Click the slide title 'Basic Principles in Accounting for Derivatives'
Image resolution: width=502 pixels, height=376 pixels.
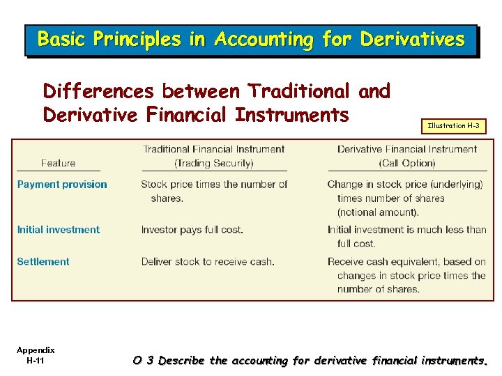[x=250, y=40]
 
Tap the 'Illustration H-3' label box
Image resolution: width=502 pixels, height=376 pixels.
[x=452, y=126]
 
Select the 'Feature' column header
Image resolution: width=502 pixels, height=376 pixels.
[x=59, y=163]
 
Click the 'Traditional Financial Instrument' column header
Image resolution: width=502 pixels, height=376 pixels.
[x=214, y=149]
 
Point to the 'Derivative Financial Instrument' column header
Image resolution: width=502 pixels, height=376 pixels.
[x=407, y=149]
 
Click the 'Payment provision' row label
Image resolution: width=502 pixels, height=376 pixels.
[x=62, y=185]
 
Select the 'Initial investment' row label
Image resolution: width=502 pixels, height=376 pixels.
[x=59, y=230]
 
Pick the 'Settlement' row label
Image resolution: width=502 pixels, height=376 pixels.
[x=43, y=262]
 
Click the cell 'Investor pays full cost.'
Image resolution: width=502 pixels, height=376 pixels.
[x=191, y=230]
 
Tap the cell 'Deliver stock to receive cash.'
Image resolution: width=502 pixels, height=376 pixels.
[x=208, y=262]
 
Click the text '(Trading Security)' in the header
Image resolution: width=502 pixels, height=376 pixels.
[x=214, y=163]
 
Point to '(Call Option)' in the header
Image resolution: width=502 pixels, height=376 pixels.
[x=407, y=163]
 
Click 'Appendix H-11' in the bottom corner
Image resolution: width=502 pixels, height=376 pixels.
[x=36, y=355]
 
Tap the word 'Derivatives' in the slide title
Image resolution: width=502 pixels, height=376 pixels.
[x=412, y=40]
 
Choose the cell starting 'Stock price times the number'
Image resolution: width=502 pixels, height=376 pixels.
[x=214, y=191]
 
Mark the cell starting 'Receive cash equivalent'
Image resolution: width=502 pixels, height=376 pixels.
[x=407, y=275]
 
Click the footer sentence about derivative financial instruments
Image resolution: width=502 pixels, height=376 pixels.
[x=310, y=361]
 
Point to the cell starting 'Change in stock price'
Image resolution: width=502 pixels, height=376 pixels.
[x=407, y=198]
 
